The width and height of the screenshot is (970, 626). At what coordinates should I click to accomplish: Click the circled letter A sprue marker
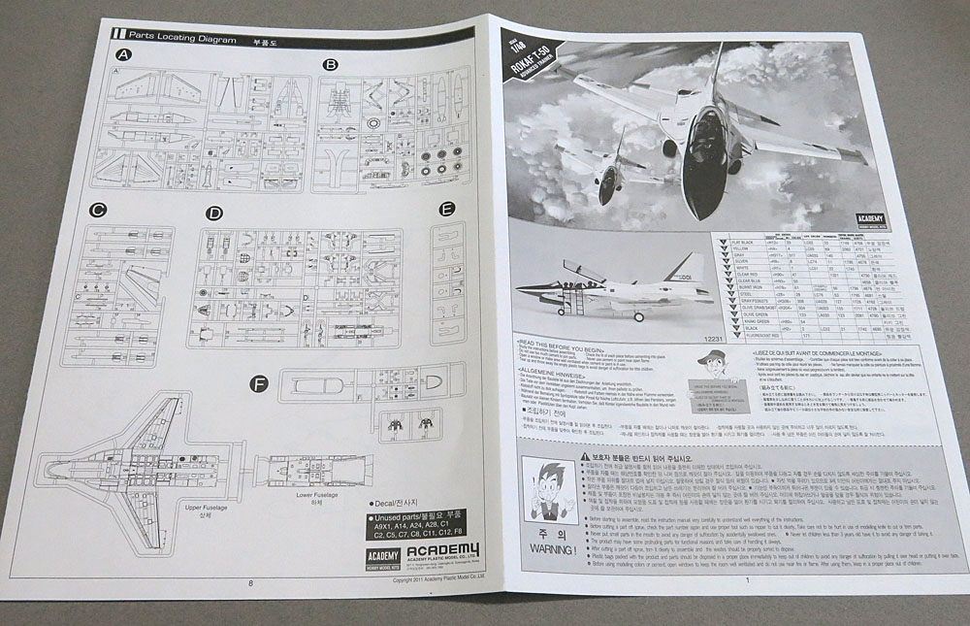pos(124,58)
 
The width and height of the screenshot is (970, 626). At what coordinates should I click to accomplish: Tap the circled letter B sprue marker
pos(331,65)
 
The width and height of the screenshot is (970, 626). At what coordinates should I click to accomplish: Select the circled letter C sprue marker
pos(97,210)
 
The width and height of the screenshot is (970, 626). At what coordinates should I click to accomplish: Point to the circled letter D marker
pos(214,214)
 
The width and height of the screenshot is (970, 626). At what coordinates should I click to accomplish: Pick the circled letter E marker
pos(447,209)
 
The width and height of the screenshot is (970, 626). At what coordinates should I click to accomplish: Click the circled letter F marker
pos(258,384)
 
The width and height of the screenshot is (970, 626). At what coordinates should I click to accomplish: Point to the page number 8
pos(249,582)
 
